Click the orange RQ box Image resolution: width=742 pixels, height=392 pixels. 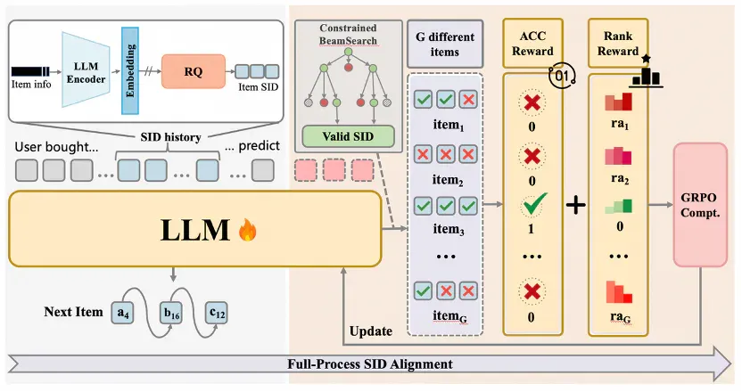coord(193,71)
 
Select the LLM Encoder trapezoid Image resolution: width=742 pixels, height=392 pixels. coord(86,69)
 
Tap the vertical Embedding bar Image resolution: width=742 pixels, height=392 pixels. coord(130,70)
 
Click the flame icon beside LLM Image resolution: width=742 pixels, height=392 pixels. coord(248,230)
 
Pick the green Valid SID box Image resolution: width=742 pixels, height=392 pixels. coord(349,136)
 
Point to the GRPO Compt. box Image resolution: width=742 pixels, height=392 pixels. coord(700,205)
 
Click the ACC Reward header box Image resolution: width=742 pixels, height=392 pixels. coord(532,43)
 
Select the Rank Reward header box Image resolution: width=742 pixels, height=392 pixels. coord(618,43)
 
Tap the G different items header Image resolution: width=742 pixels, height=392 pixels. coord(445,44)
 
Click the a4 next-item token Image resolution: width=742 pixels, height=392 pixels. coord(123,313)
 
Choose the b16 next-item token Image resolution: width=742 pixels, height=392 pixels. coord(171,313)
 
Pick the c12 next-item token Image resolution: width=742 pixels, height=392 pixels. coord(217,313)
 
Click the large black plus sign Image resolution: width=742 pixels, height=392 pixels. coord(576,205)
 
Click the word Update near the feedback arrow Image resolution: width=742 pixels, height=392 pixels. coord(370,331)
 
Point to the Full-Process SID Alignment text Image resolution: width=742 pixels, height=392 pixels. coord(370,364)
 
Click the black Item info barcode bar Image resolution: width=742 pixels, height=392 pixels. coord(30,71)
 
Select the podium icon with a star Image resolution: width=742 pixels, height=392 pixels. coord(646,72)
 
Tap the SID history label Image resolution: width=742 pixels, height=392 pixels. coord(171,137)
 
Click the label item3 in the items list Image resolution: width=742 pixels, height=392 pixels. coord(449,229)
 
